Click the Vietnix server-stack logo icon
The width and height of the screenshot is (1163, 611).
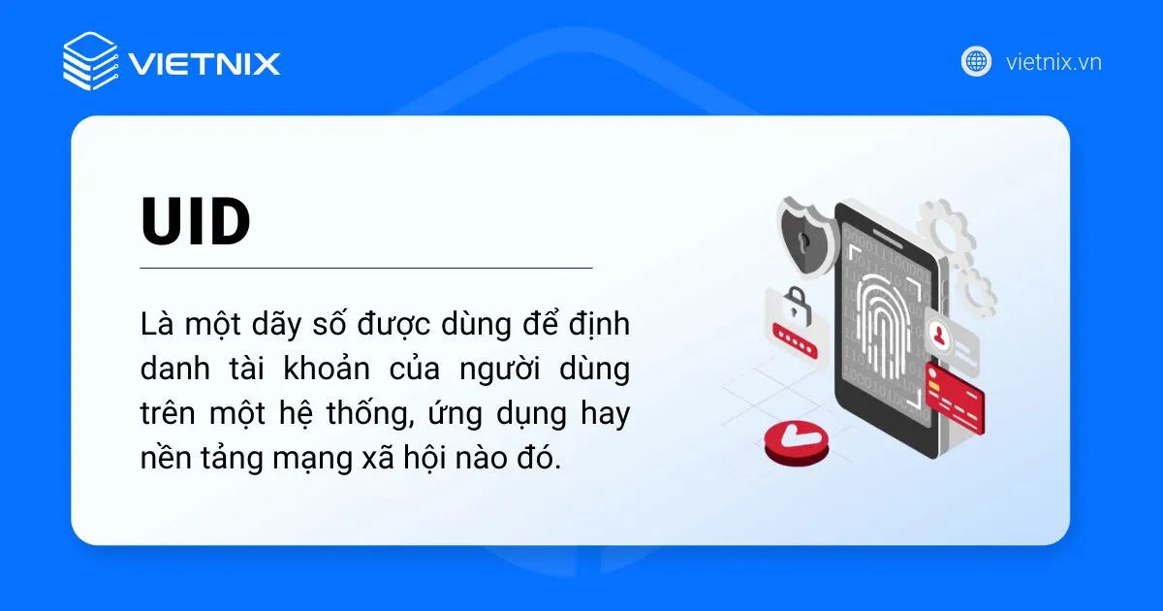click(x=89, y=61)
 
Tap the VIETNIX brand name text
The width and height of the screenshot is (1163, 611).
click(x=204, y=64)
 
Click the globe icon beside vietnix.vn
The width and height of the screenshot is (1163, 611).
click(x=976, y=61)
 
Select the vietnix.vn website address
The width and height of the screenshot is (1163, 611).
click(x=1053, y=62)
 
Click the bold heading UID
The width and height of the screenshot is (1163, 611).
click(x=196, y=222)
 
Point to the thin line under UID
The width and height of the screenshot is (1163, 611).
click(x=365, y=267)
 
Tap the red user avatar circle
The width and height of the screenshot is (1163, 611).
click(x=939, y=334)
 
